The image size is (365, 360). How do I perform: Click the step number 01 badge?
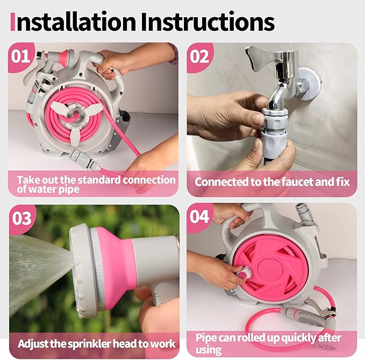point(22,56)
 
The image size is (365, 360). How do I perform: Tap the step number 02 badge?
point(199,56)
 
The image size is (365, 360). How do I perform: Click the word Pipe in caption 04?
point(207,337)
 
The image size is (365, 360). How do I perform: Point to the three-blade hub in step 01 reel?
point(79,110)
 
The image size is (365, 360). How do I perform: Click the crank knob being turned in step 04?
point(241,273)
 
